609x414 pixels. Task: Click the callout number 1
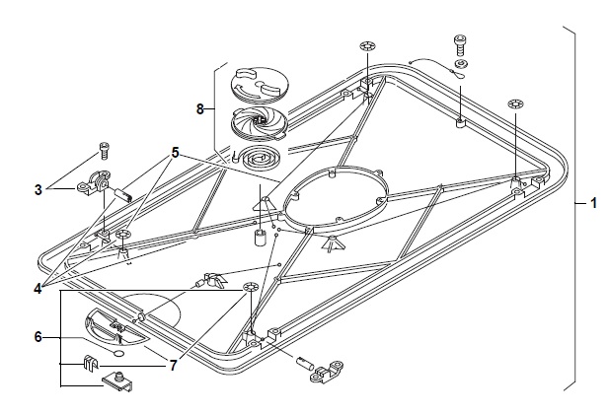(593, 202)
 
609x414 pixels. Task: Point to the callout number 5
(175, 154)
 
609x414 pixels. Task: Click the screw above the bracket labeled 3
(105, 152)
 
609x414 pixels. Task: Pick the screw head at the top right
(459, 43)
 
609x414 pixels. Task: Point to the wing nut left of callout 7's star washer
(210, 279)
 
